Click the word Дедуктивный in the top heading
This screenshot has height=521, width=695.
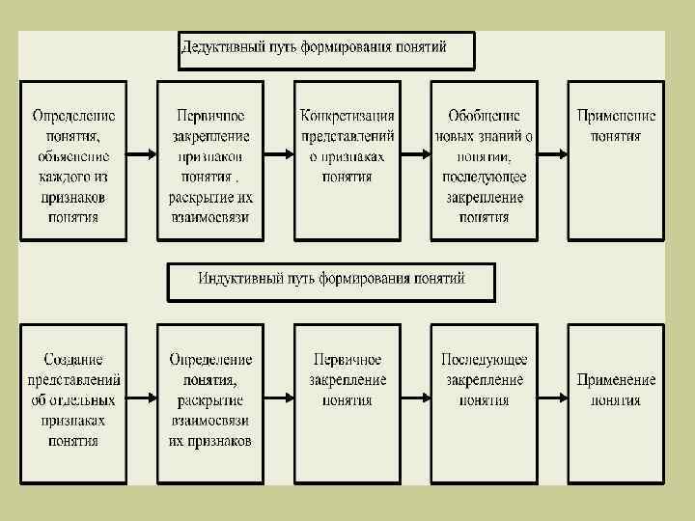tap(221, 46)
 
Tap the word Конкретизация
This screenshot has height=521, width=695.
tap(347, 115)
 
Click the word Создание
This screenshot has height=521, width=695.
tap(73, 360)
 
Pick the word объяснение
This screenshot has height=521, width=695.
tap(73, 156)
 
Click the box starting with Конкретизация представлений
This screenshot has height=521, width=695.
tap(347, 159)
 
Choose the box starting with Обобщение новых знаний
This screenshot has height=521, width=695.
tap(484, 159)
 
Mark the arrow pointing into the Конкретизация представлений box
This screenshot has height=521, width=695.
tap(279, 154)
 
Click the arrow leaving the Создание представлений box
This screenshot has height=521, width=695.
tap(141, 398)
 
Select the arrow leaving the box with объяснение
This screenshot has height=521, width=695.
tap(141, 154)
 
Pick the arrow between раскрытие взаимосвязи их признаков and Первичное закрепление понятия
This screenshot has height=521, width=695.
tap(279, 398)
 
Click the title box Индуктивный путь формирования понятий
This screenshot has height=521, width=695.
tap(332, 281)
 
